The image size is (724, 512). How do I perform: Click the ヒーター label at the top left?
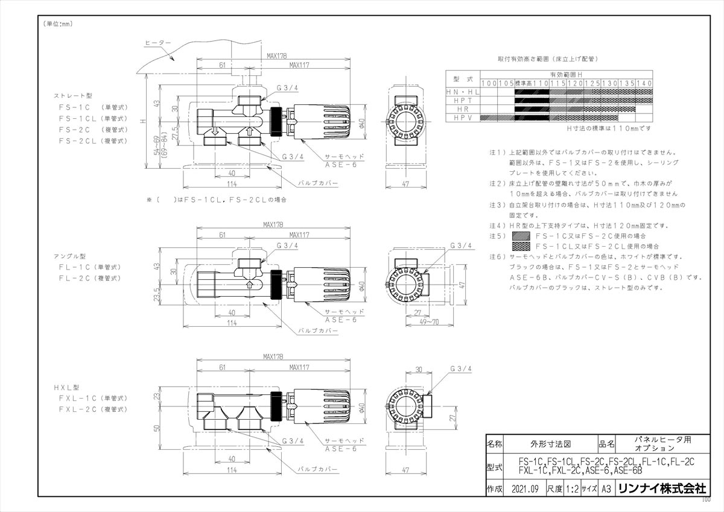[x=158, y=43]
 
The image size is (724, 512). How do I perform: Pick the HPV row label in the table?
[x=463, y=119]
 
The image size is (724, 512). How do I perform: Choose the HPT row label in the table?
[x=463, y=100]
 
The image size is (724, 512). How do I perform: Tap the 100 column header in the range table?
[x=489, y=82]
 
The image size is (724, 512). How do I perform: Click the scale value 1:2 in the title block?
[x=573, y=489]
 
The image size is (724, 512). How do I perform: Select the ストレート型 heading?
[x=71, y=96]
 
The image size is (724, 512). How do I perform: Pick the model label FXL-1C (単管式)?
[x=93, y=399]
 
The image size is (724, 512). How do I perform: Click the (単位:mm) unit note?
[x=57, y=24]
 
